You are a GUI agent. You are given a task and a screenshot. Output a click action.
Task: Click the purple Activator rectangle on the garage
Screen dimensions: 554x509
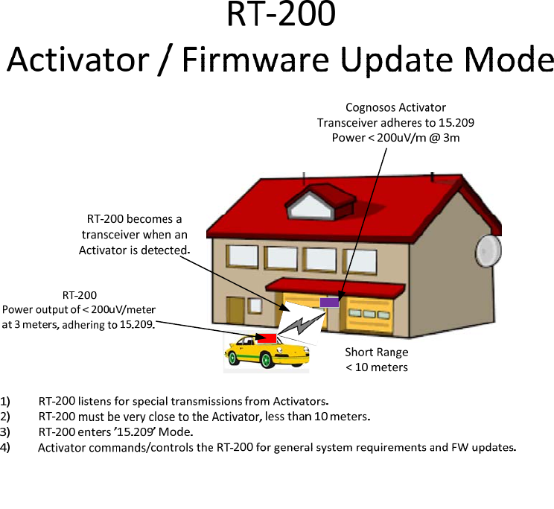point(329,303)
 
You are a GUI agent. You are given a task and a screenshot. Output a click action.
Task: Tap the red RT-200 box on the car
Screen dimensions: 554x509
point(267,338)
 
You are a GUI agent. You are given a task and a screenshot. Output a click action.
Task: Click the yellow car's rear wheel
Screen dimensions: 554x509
point(232,358)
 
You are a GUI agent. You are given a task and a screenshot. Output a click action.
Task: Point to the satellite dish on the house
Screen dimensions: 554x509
point(488,250)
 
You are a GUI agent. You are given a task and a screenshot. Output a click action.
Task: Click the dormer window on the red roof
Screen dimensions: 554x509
point(311,206)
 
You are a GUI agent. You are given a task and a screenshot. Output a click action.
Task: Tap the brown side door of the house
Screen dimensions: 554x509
point(235,310)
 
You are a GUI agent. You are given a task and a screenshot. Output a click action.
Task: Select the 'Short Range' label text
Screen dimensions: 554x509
point(377,352)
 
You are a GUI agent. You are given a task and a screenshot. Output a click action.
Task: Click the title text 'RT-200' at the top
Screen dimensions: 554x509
point(281,14)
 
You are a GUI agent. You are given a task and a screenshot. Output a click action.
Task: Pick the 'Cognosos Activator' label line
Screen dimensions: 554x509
point(395,107)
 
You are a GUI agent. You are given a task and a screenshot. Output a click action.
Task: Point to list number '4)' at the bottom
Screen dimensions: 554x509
point(5,447)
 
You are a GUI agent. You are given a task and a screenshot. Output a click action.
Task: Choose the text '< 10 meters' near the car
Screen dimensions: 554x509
point(377,367)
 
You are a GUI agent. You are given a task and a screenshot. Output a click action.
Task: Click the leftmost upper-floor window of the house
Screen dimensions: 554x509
point(242,256)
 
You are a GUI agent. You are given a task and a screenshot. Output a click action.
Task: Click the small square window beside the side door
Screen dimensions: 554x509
point(255,306)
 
